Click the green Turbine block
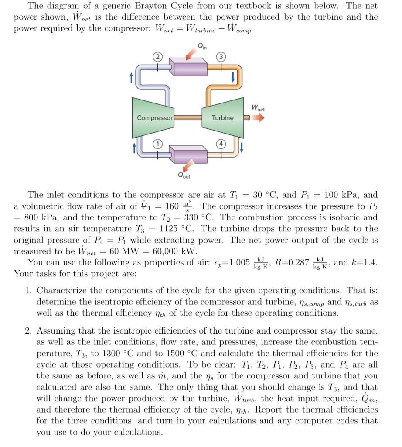click(x=222, y=118)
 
